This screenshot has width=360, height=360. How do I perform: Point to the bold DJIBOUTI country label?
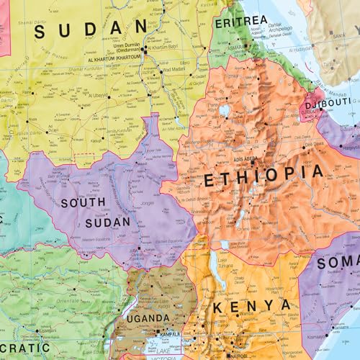tap(327, 104)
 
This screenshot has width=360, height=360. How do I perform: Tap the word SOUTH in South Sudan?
tap(83, 203)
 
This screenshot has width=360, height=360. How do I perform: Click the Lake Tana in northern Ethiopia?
tap(225, 111)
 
